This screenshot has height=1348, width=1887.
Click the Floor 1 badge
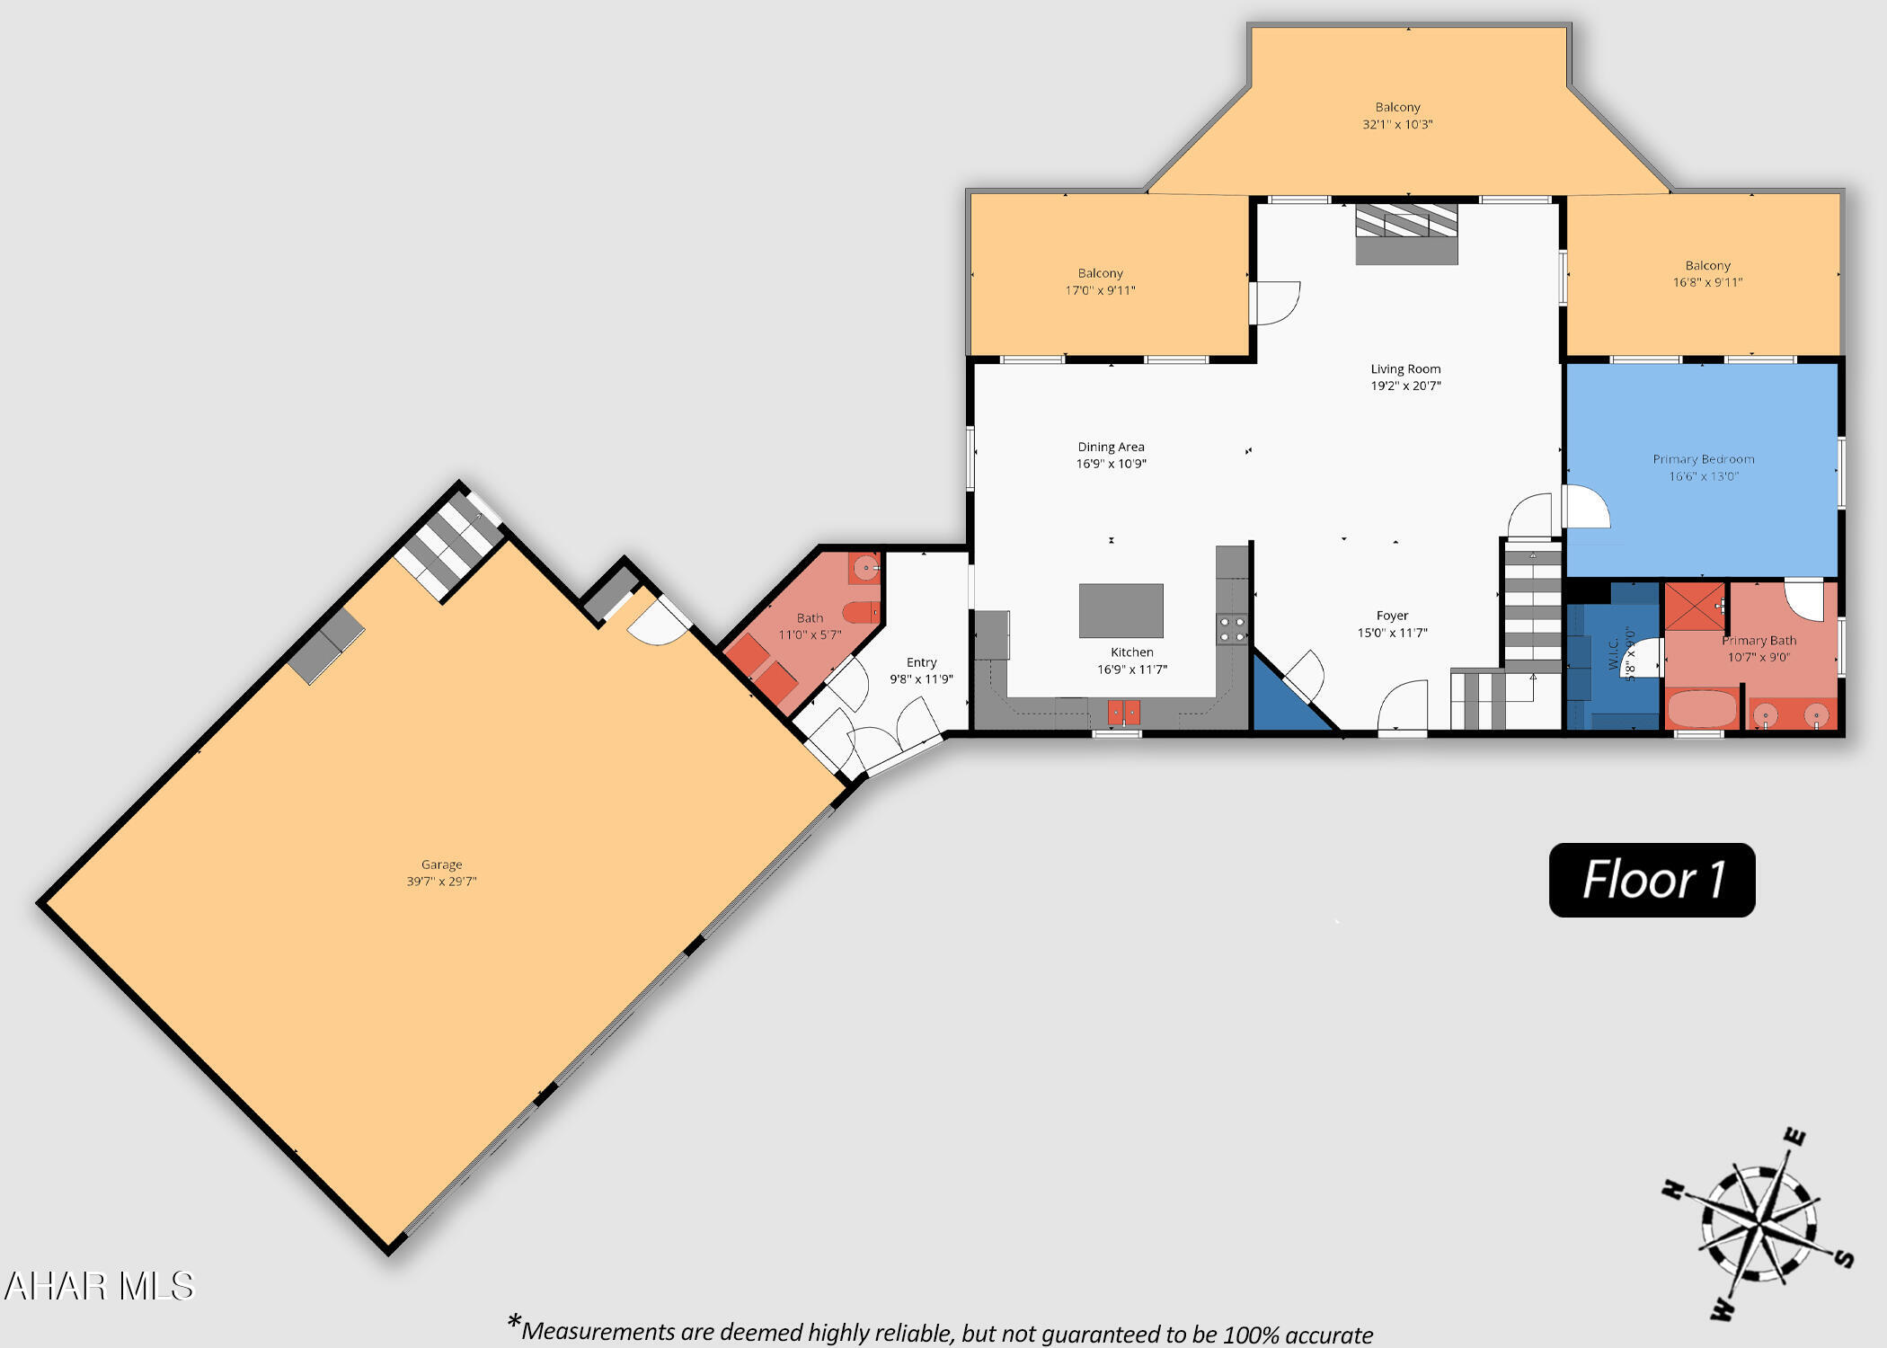coord(1652,880)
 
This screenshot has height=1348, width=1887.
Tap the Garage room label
coord(441,865)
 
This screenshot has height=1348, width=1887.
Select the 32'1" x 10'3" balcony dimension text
coord(1397,125)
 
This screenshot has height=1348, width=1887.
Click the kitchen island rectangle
coord(1121,610)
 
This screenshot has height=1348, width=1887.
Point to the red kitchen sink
coord(1123,713)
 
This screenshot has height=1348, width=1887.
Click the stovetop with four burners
coord(1232,629)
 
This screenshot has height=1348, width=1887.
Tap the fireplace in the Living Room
coord(1406,234)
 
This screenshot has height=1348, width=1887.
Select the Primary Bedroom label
coord(1703,459)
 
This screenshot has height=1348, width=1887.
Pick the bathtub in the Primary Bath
coord(1701,708)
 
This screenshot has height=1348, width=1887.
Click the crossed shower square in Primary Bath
coord(1695,607)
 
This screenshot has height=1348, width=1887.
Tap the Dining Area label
coord(1111,447)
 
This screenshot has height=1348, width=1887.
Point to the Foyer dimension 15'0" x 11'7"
coord(1392,633)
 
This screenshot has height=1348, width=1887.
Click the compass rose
coord(1757,1224)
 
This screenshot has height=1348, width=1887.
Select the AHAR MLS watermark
coord(99,1286)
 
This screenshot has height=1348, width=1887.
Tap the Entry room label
coord(921,662)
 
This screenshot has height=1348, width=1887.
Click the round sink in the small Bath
coord(865,568)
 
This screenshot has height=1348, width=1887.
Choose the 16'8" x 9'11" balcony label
coord(1707,282)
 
